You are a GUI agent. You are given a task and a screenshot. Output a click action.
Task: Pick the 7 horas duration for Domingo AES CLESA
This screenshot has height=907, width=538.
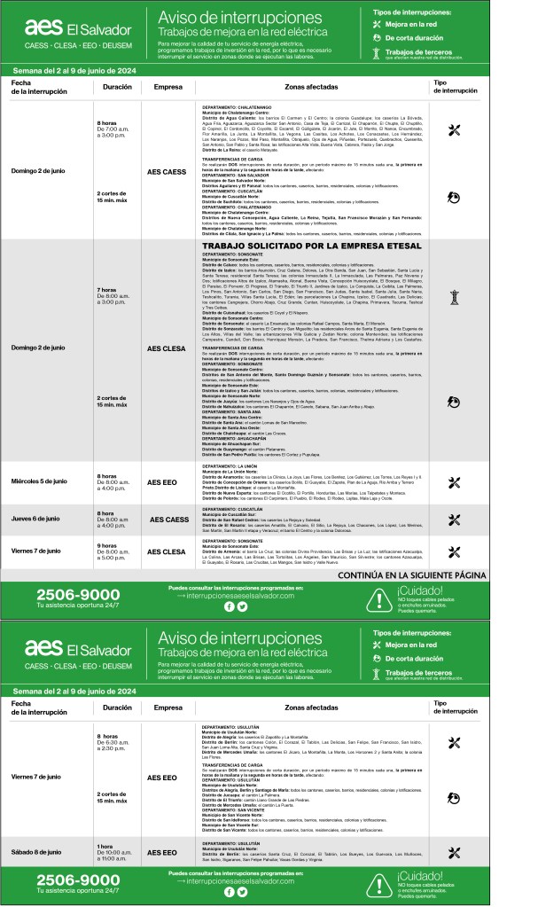pos(105,290)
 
